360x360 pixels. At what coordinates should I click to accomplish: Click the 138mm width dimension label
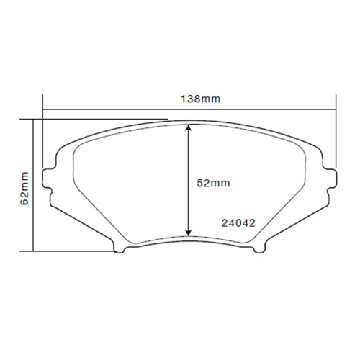(x=189, y=97)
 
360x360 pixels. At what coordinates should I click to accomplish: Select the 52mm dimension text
(x=213, y=183)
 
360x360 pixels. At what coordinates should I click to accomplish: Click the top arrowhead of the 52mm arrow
(x=189, y=127)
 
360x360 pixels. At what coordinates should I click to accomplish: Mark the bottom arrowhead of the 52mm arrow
(x=189, y=233)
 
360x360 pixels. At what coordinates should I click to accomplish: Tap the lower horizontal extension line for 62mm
(x=72, y=251)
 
